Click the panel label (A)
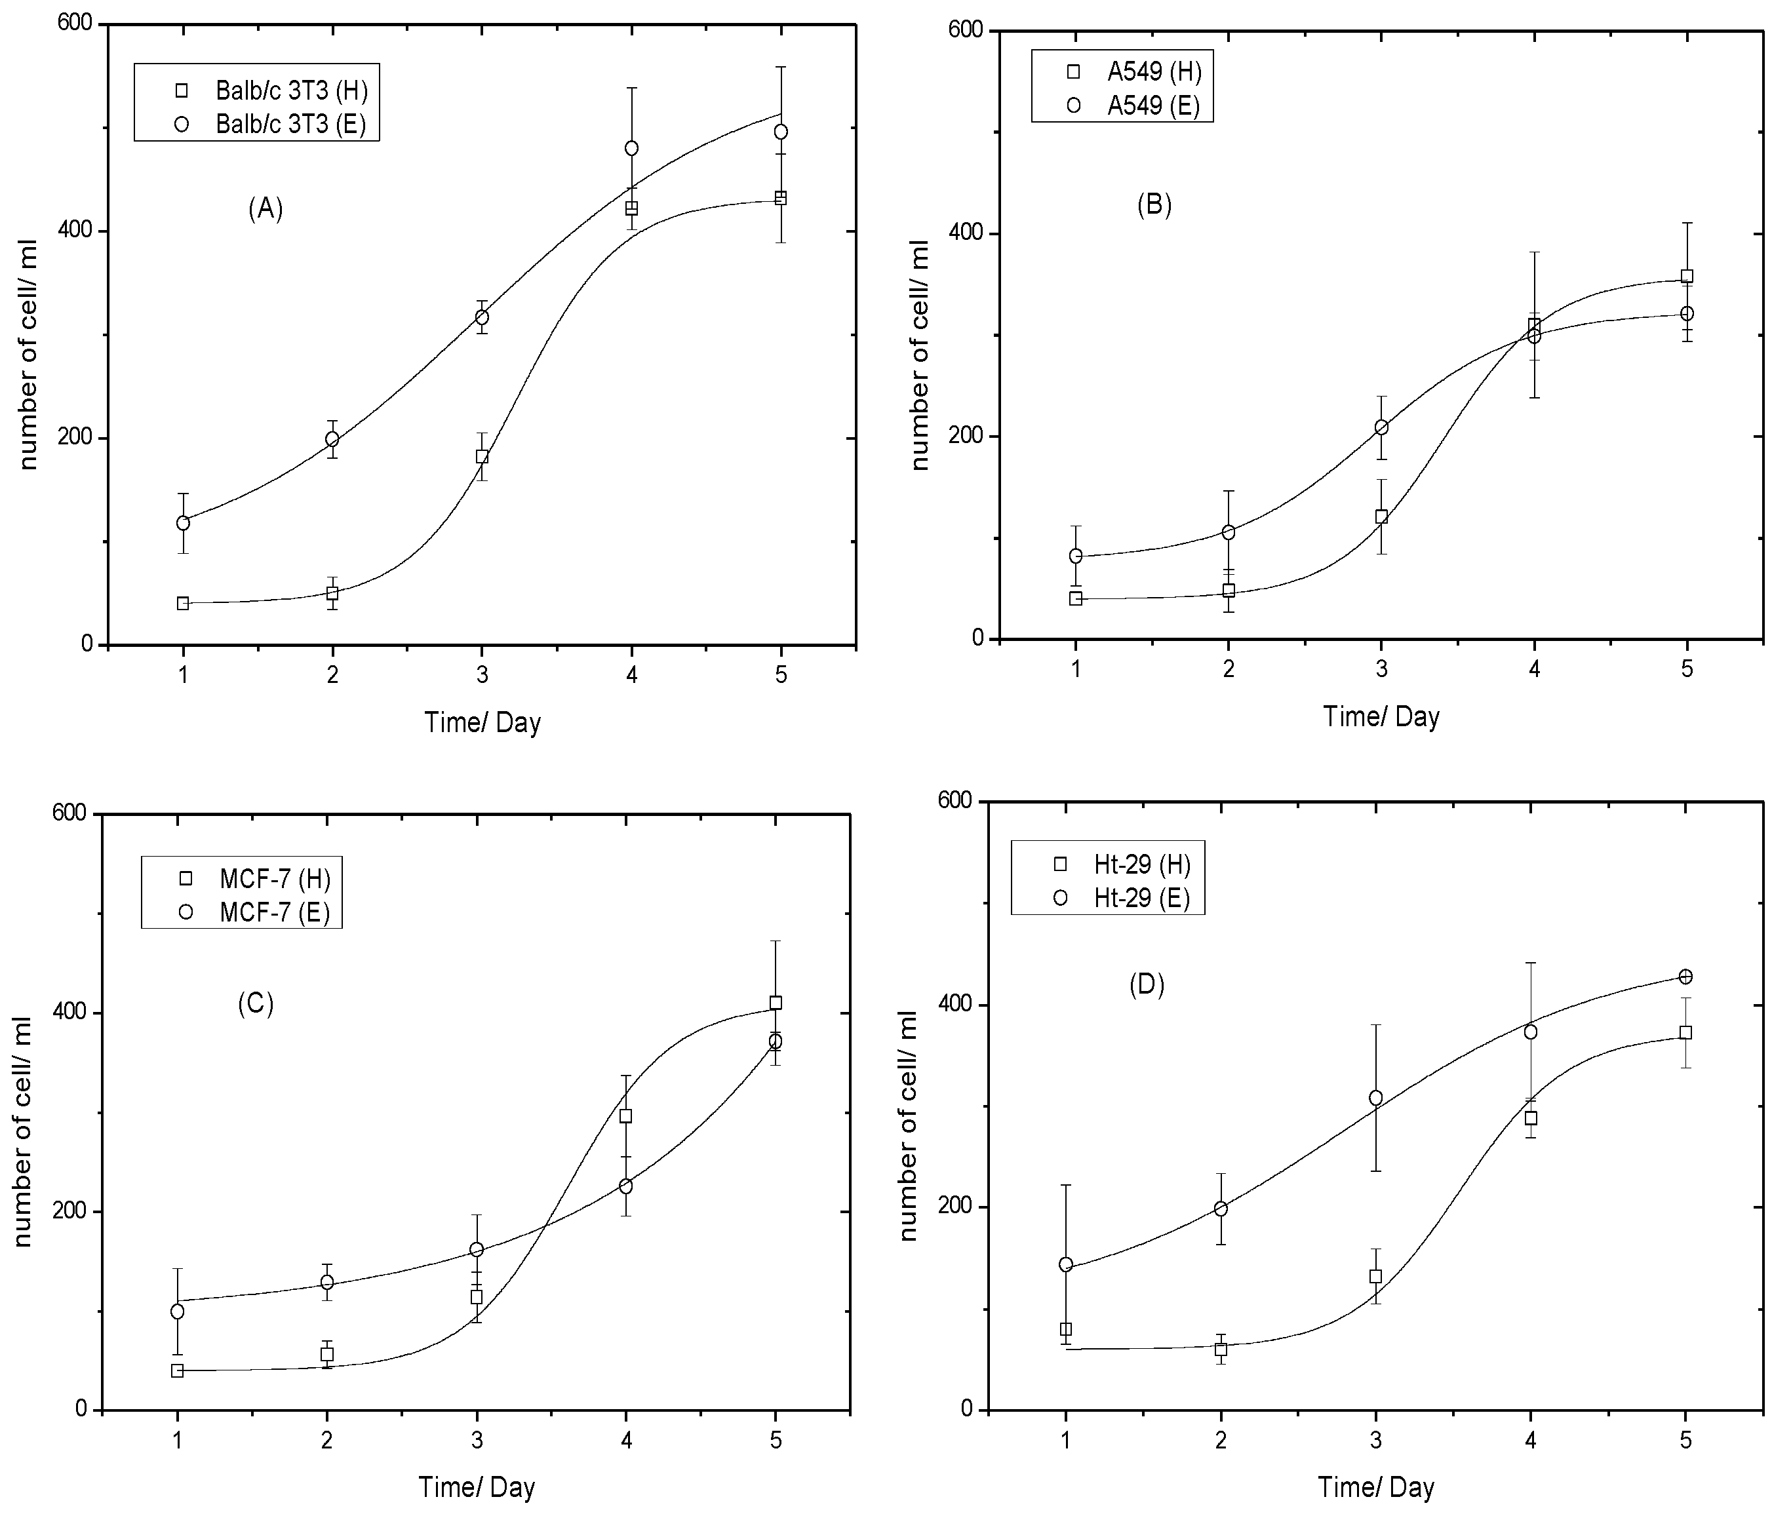[x=265, y=208]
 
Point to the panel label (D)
[x=1146, y=985]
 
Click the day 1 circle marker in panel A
[x=183, y=522]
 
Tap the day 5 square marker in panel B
[x=1687, y=276]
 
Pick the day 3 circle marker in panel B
[x=1381, y=427]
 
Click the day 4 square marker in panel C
[x=626, y=1116]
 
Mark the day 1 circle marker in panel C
[x=177, y=1311]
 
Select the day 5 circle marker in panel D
[x=1685, y=977]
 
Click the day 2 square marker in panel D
[x=1221, y=1349]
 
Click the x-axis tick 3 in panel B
[x=1381, y=668]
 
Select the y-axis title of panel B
[x=920, y=355]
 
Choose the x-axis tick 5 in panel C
[x=776, y=1441]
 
